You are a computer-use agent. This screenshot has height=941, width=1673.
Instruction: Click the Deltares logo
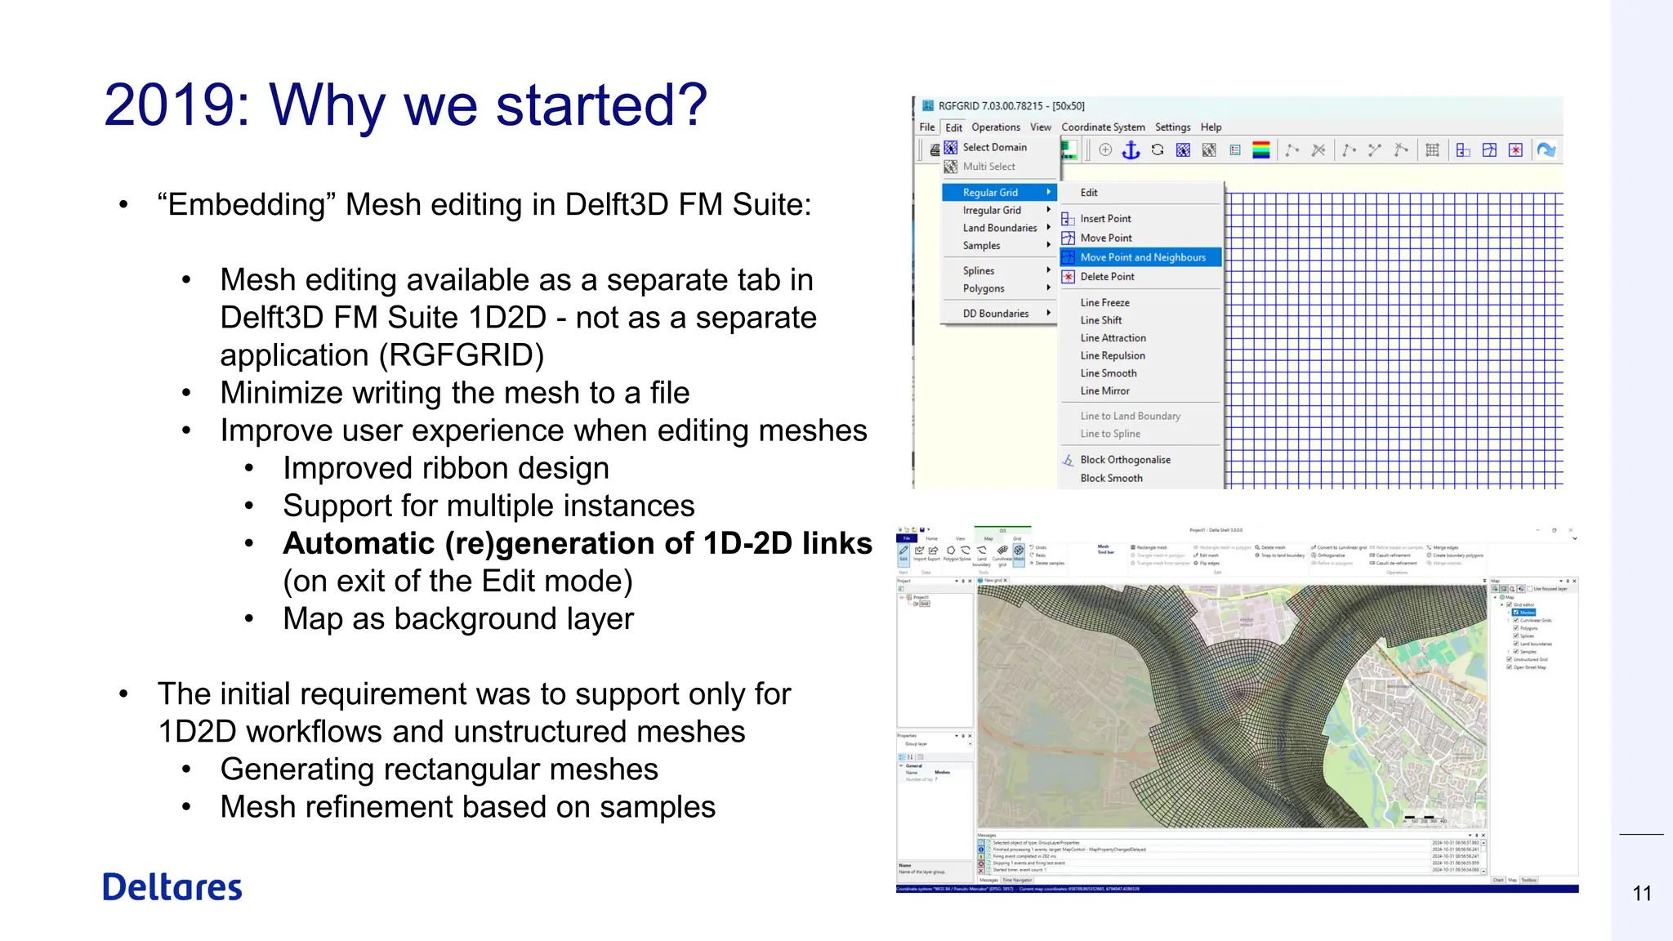pos(172,887)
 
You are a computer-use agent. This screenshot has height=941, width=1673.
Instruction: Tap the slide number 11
pos(1642,894)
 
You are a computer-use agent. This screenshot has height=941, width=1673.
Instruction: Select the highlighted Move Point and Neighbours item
pos(1142,257)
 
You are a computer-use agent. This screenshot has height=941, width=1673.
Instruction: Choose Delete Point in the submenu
pos(1107,277)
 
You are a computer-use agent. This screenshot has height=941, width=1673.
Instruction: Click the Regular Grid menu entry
pos(990,193)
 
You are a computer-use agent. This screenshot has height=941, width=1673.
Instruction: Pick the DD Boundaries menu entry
pos(995,314)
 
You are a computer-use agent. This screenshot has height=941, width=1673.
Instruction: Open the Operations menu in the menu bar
pos(995,127)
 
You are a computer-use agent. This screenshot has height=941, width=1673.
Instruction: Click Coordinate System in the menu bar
pos(1103,127)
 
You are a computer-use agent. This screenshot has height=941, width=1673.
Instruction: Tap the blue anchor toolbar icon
pos(1131,150)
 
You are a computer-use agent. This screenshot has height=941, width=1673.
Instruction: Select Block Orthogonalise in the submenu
pos(1125,460)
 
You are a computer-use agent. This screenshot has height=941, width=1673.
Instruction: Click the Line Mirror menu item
pos(1104,391)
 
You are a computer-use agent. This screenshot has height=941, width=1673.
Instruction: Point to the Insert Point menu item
pos(1105,219)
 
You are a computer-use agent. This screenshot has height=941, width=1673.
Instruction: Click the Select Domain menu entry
pos(994,148)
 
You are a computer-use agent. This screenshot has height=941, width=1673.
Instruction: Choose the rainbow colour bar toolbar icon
pos(1261,150)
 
